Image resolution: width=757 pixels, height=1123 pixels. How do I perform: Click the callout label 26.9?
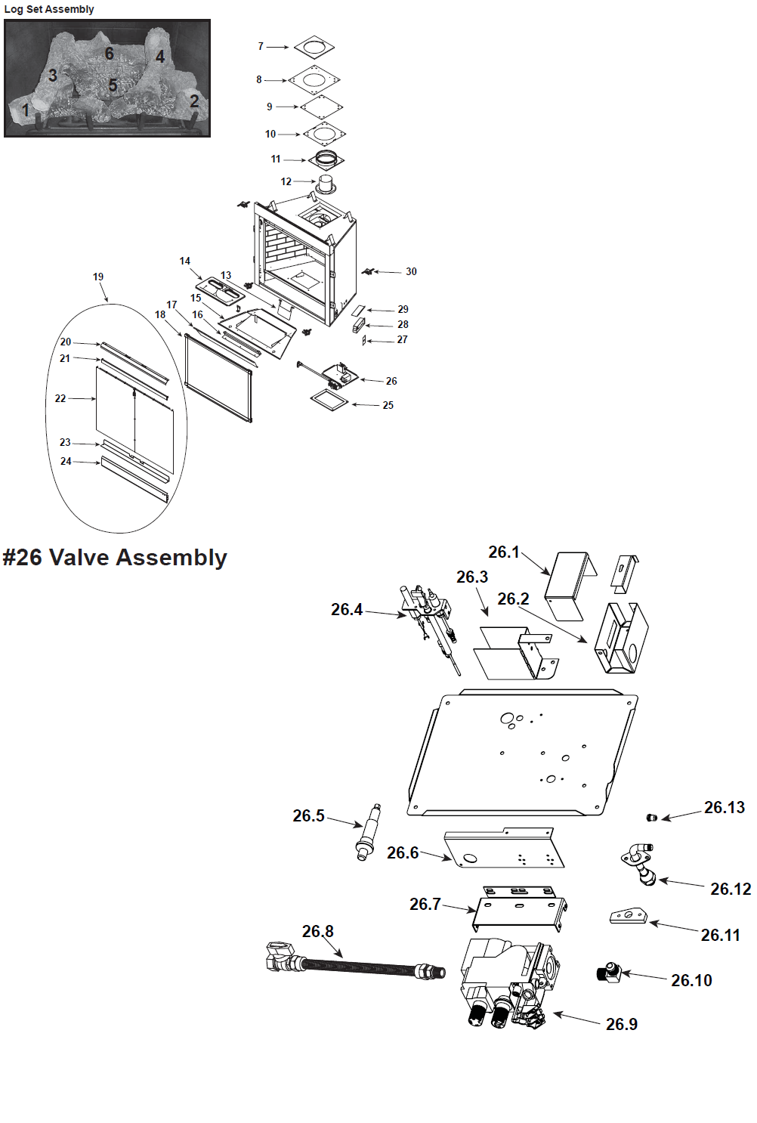pyautogui.click(x=621, y=1024)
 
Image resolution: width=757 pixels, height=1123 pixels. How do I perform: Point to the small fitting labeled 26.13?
pyautogui.click(x=652, y=818)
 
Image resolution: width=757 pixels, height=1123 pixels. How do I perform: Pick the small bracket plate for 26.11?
pyautogui.click(x=629, y=917)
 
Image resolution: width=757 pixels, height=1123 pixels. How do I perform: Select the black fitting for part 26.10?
pyautogui.click(x=608, y=972)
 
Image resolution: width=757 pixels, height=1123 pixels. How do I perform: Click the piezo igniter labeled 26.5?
pyautogui.click(x=369, y=832)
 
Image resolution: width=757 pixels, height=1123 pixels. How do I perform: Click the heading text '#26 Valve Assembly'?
pyautogui.click(x=115, y=558)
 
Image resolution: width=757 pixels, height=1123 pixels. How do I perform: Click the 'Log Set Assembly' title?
pyautogui.click(x=49, y=9)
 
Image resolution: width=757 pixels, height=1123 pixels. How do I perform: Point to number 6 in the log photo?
pyautogui.click(x=110, y=53)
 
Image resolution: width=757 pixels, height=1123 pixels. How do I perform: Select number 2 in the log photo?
pyautogui.click(x=194, y=101)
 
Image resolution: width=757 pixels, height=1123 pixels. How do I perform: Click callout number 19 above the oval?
pyautogui.click(x=98, y=277)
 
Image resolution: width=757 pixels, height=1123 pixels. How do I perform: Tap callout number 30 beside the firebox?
pyautogui.click(x=411, y=271)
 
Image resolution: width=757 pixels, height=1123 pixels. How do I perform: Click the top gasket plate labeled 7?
pyautogui.click(x=314, y=47)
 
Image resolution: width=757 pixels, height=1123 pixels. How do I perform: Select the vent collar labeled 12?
pyautogui.click(x=326, y=184)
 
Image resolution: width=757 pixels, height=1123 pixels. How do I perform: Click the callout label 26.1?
pyautogui.click(x=503, y=552)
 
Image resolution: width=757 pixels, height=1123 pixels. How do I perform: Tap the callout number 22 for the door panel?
pyautogui.click(x=60, y=398)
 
